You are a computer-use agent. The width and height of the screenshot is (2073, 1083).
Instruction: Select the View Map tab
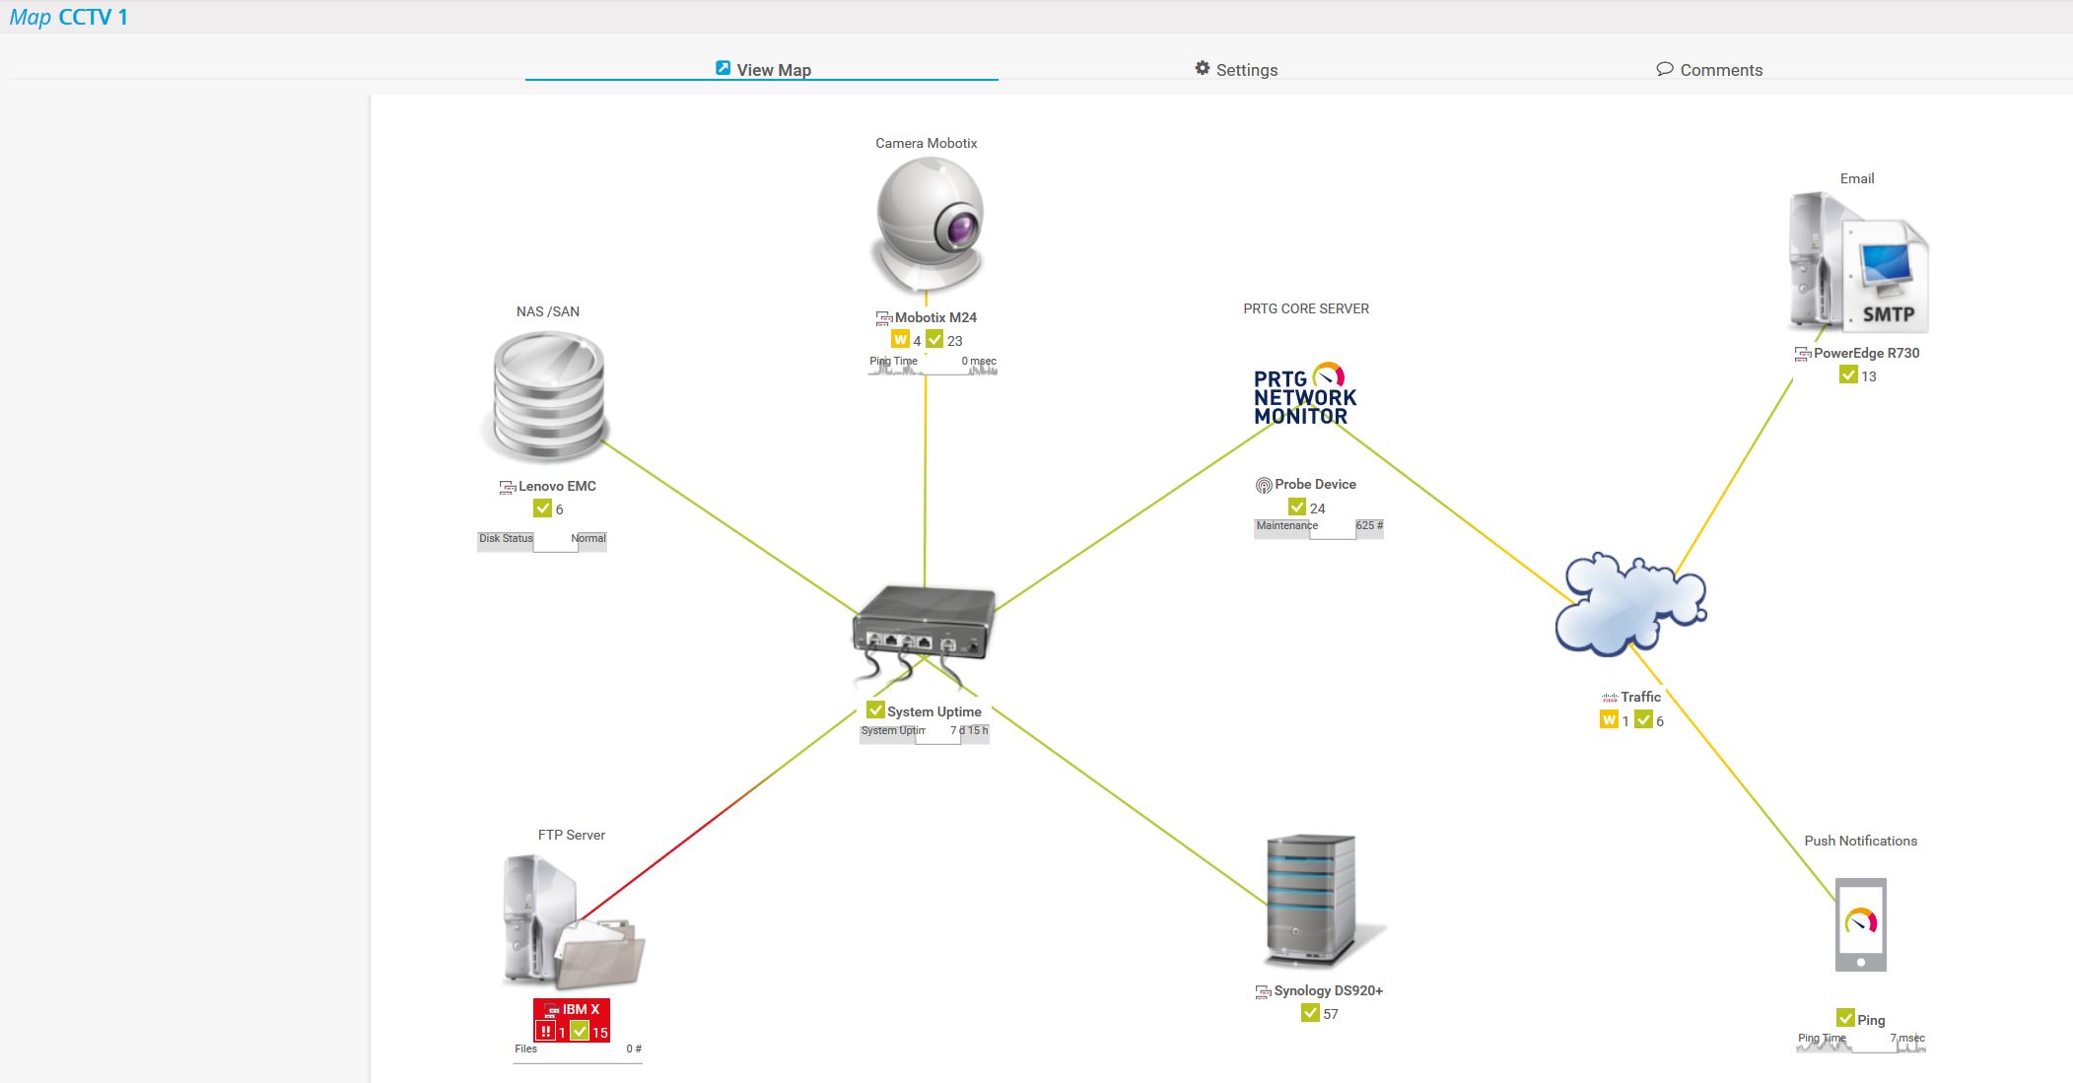763,69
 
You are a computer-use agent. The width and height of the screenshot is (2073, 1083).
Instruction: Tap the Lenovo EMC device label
557,486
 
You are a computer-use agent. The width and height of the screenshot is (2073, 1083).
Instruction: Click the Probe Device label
1315,484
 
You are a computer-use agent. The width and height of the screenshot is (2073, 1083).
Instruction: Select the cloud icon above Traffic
1630,604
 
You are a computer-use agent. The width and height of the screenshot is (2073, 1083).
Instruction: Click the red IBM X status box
572,1020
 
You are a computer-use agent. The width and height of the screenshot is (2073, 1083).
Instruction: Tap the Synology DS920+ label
1328,990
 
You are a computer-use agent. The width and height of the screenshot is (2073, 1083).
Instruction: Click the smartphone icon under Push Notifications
1860,924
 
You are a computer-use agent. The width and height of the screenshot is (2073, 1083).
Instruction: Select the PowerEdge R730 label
1866,353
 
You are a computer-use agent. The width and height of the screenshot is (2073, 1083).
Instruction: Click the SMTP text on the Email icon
1888,314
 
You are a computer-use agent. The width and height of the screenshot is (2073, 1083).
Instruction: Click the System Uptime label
933,711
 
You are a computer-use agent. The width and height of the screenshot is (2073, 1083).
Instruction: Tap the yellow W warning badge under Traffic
1609,720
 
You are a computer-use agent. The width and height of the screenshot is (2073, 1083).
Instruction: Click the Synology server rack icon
1311,899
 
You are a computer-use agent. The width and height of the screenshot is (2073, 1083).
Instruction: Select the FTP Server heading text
571,835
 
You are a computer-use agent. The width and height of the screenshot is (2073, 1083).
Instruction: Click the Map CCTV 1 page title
68,18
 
